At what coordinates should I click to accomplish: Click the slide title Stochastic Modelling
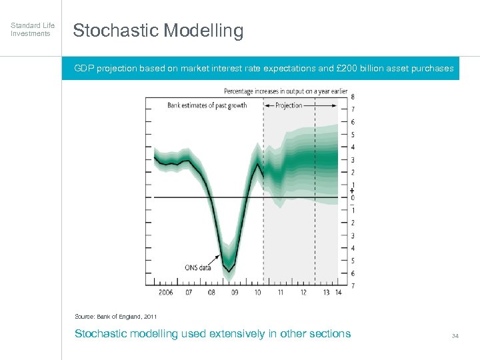pyautogui.click(x=158, y=31)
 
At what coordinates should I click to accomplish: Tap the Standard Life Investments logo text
pyautogui.click(x=33, y=29)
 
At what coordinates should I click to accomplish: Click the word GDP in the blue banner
pyautogui.click(x=83, y=69)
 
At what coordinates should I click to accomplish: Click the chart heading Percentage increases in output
pyautogui.click(x=285, y=91)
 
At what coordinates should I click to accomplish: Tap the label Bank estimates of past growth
pyautogui.click(x=207, y=105)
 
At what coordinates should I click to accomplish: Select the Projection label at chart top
pyautogui.click(x=289, y=105)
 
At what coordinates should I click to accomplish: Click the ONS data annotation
pyautogui.click(x=198, y=268)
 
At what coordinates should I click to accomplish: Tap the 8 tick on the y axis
pyautogui.click(x=353, y=97)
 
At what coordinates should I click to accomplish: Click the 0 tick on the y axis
pyautogui.click(x=353, y=197)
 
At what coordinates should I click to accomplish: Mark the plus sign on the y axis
pyautogui.click(x=352, y=191)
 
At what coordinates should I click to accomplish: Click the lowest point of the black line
pyautogui.click(x=229, y=271)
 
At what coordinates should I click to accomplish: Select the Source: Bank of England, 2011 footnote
pyautogui.click(x=116, y=316)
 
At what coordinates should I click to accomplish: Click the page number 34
pyautogui.click(x=455, y=335)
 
